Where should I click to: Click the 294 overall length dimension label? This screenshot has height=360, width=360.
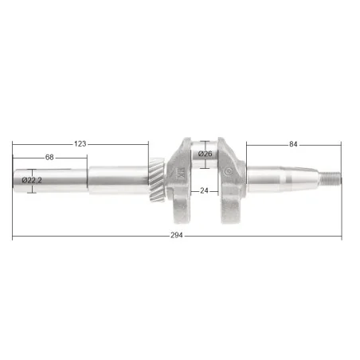tap(177, 235)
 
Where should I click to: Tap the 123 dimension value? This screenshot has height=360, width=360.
tap(80, 144)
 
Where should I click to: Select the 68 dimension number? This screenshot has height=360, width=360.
tap(49, 158)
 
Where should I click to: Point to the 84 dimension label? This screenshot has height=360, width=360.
tap(293, 144)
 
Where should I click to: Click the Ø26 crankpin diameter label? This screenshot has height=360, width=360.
tap(205, 154)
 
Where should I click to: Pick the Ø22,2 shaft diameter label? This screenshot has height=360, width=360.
tap(32, 181)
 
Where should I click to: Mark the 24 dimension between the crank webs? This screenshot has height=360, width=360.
tap(204, 190)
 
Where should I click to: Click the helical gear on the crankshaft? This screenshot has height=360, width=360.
tap(157, 179)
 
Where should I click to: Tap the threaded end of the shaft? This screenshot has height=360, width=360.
tap(330, 178)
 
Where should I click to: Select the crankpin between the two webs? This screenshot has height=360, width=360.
tap(205, 155)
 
